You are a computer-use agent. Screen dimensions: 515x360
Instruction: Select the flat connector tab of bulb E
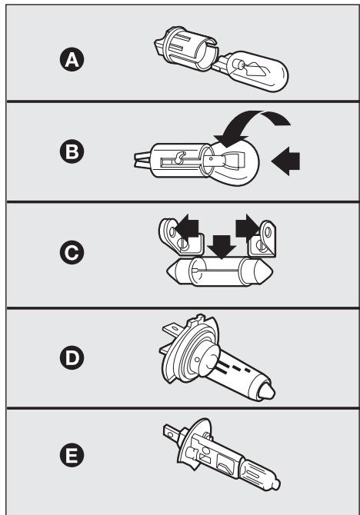[x=171, y=431]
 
